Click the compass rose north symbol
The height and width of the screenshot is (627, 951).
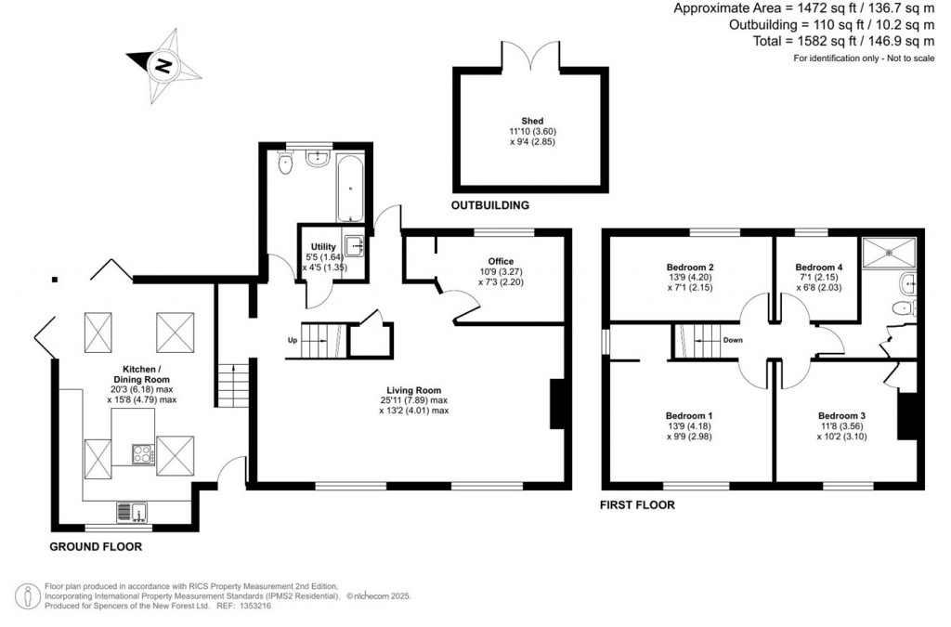point(163,66)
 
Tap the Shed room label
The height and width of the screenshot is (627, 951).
point(532,121)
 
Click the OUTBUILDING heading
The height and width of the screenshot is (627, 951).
point(490,205)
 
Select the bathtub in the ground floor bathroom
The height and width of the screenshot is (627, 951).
point(350,188)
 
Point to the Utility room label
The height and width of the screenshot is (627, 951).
point(323,247)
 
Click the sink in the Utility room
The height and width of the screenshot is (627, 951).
point(355,246)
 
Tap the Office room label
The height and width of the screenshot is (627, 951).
point(501,261)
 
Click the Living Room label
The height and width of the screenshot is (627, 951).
point(414,390)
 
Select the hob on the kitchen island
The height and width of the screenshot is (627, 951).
point(143,454)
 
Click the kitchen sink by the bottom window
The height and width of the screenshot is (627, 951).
point(132,513)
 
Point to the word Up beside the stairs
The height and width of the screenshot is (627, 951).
point(293,340)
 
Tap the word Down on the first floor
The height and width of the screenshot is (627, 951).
point(733,340)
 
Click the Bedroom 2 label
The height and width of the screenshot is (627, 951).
point(690,268)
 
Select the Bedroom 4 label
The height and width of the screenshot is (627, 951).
point(819,268)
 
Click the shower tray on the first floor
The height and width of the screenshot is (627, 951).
point(889,252)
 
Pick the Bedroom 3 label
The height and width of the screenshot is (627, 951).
point(841,416)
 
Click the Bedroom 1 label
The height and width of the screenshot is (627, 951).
point(689,416)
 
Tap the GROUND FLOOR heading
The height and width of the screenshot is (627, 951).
point(96,547)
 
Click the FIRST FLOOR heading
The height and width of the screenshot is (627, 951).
point(637,505)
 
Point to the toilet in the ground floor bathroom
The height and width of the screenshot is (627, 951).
point(285,163)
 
